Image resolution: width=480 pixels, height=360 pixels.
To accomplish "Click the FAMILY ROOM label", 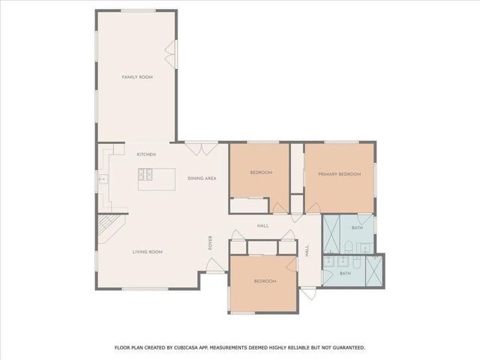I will [137, 77].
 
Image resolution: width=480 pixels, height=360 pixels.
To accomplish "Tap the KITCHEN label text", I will [145, 154].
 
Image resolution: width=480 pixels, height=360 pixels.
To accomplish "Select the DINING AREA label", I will [202, 178].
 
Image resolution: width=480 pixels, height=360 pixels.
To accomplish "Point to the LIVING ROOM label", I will [148, 252].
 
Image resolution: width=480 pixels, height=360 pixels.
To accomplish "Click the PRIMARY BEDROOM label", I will [340, 174].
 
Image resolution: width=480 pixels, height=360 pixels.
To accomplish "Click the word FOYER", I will [211, 243].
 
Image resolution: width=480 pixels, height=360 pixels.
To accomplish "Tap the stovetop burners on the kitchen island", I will [146, 175].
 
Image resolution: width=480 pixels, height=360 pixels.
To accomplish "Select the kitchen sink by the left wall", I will [103, 180].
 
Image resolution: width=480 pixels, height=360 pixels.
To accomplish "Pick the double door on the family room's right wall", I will [172, 51].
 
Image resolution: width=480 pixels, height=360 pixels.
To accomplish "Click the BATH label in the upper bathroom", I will [357, 228].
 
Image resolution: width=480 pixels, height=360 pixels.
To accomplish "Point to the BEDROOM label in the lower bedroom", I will [265, 281].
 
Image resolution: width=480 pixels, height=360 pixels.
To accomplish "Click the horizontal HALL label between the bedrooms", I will [262, 226].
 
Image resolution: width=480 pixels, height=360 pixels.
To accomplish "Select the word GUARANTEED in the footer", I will [344, 347].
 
